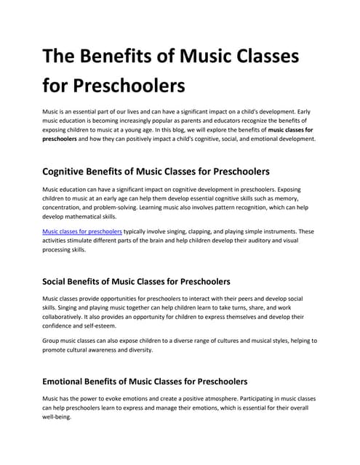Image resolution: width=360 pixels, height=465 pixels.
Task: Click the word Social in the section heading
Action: [x=61, y=281]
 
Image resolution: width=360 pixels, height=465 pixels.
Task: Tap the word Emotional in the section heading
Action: [x=73, y=381]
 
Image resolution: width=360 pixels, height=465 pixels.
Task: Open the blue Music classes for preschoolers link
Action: [x=81, y=232]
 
